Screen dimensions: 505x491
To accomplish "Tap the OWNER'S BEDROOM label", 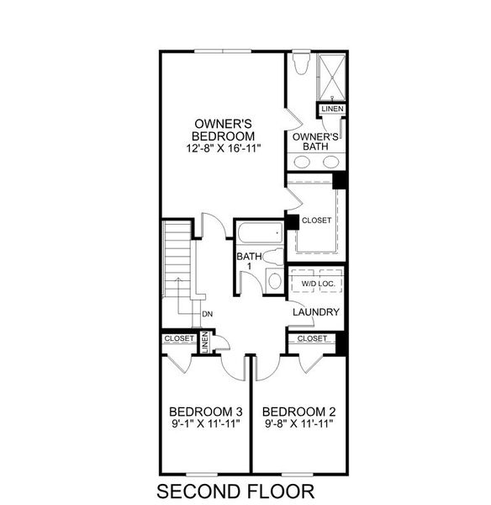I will click(x=223, y=129).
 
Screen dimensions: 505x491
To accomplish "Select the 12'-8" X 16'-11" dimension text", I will click(x=223, y=148).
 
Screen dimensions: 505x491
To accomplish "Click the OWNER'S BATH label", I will click(x=315, y=141).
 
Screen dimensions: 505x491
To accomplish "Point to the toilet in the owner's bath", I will click(x=302, y=66).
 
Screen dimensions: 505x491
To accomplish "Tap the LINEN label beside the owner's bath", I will click(x=331, y=110).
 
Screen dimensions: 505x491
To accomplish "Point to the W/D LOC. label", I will click(x=318, y=284).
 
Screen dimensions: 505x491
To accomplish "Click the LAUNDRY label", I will click(x=315, y=312).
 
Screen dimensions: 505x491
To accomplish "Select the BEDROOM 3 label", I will click(x=205, y=412).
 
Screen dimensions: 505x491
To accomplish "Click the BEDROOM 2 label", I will click(x=298, y=412).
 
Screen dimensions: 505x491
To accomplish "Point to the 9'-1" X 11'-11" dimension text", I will click(x=205, y=423).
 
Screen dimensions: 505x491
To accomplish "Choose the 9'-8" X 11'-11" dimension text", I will click(x=298, y=423).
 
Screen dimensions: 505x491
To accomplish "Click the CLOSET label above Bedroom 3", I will click(x=179, y=338).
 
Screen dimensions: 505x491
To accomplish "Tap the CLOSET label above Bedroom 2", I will click(x=312, y=338).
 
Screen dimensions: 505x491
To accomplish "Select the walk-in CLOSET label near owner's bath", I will click(x=316, y=221).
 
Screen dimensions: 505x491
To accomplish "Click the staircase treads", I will click(x=178, y=261).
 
